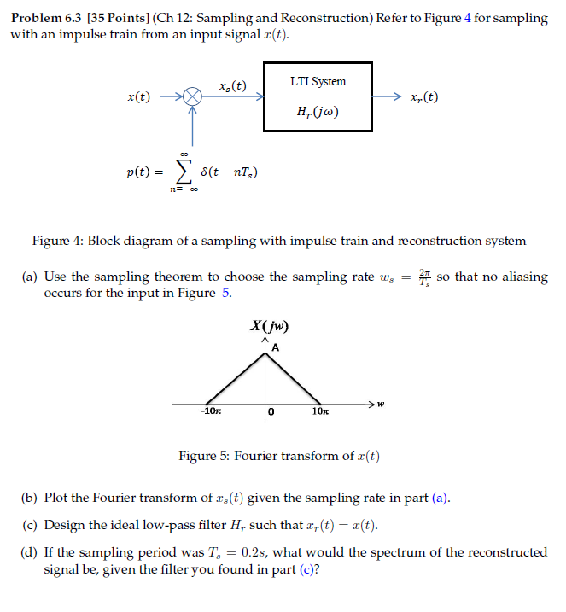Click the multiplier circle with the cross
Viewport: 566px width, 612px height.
pos(194,98)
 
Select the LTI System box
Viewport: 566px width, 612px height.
pos(317,96)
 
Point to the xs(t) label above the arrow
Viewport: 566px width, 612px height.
pos(233,86)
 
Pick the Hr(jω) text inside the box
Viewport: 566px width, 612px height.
pos(317,111)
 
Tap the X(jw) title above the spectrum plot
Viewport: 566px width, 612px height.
pos(270,326)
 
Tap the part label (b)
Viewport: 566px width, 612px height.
pos(32,498)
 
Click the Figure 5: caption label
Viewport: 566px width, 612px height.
pos(205,456)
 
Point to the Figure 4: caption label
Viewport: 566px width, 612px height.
pos(57,241)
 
